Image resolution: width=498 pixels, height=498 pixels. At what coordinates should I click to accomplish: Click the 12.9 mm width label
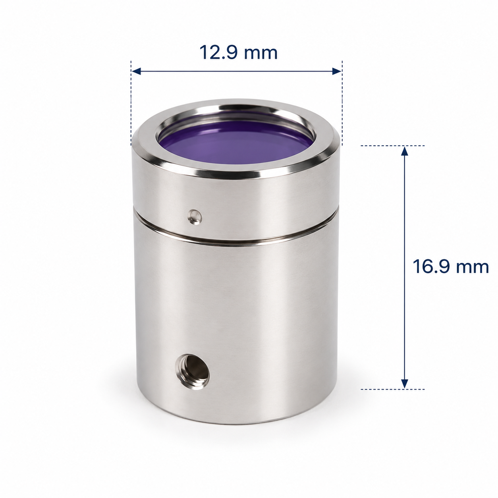point(238,52)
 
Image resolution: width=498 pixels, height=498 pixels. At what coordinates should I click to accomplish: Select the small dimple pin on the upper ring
point(195,216)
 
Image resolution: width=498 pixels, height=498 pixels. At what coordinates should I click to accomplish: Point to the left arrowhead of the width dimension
point(136,71)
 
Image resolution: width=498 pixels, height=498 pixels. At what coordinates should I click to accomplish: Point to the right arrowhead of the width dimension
point(337,71)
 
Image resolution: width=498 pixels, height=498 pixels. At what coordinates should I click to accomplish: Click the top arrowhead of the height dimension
point(404,151)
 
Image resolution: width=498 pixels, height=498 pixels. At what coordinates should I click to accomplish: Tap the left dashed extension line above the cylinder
point(131,103)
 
